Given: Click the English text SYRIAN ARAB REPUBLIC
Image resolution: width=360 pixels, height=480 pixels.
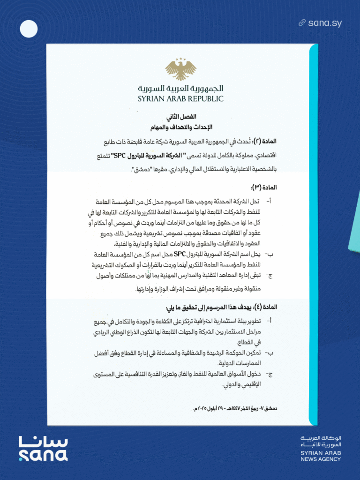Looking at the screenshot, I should click(x=180, y=99).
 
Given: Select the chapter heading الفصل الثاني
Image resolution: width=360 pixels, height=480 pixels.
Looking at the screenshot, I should click(x=180, y=116).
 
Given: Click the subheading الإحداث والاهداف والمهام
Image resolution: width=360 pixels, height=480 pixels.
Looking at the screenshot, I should click(x=180, y=127).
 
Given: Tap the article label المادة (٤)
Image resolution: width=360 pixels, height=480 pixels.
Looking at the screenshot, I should click(x=264, y=307).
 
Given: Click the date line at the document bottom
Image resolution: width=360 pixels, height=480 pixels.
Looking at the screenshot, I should click(x=235, y=409).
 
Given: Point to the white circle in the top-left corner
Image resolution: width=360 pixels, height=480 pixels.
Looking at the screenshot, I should click(x=29, y=29).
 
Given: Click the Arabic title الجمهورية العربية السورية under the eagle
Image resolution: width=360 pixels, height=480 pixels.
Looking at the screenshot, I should click(x=180, y=88).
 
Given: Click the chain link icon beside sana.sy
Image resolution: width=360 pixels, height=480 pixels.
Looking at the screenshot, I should click(x=302, y=23).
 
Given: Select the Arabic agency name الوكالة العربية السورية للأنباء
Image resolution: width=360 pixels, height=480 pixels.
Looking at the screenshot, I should click(x=321, y=441).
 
